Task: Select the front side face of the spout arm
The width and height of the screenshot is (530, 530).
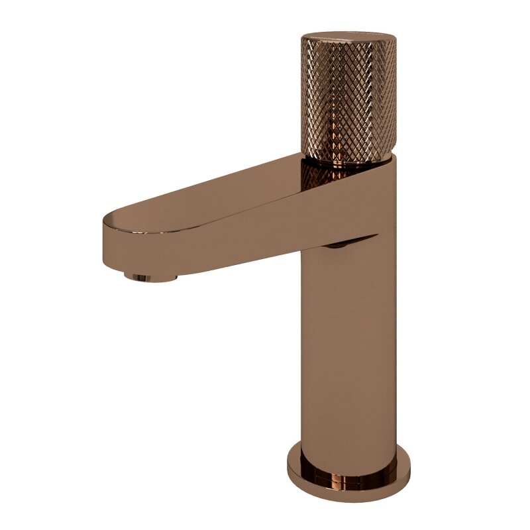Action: pos(219,245)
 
